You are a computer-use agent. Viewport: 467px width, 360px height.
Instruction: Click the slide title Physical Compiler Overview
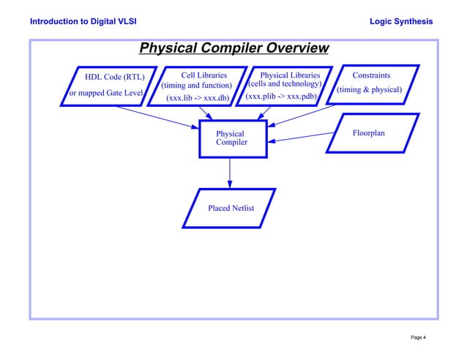[233, 49]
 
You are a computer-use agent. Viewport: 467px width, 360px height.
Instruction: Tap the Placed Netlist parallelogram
[231, 209]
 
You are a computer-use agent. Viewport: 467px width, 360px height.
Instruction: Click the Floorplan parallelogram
[372, 133]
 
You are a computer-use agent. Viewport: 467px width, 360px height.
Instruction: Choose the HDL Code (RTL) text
[115, 77]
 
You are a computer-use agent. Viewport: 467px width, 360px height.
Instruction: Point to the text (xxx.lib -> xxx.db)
[197, 97]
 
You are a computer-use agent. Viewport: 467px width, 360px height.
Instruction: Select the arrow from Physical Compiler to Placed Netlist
[230, 173]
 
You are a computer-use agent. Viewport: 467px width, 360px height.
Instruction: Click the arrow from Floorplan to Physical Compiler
[300, 137]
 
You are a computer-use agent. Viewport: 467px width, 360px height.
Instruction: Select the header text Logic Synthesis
[402, 21]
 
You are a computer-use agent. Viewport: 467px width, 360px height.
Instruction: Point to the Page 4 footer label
[419, 337]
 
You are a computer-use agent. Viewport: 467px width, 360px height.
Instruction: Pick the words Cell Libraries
[203, 75]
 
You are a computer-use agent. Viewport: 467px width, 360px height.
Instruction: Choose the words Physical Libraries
[290, 75]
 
